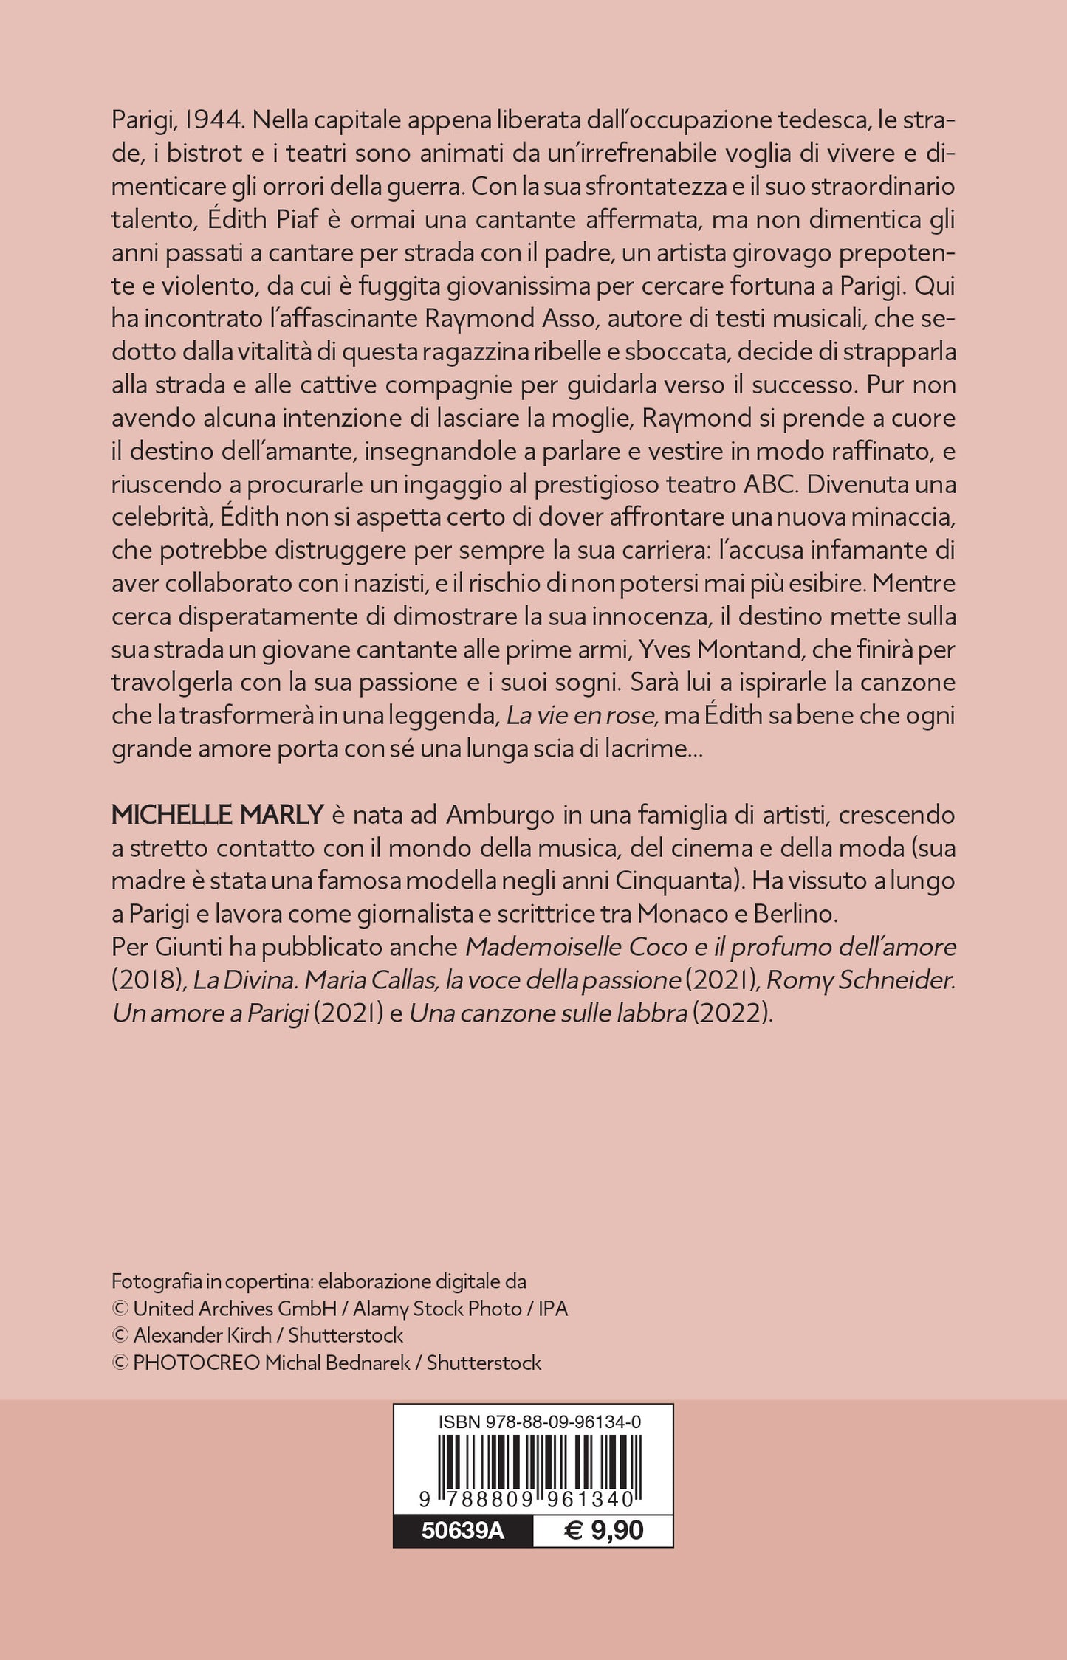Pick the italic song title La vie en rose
[580, 715]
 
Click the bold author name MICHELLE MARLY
[217, 815]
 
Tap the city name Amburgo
[500, 815]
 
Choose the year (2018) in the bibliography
[148, 980]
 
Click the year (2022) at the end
[733, 1013]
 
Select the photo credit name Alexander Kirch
[201, 1335]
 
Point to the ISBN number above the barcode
[540, 1422]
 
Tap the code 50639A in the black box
[463, 1530]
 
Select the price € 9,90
[603, 1530]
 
